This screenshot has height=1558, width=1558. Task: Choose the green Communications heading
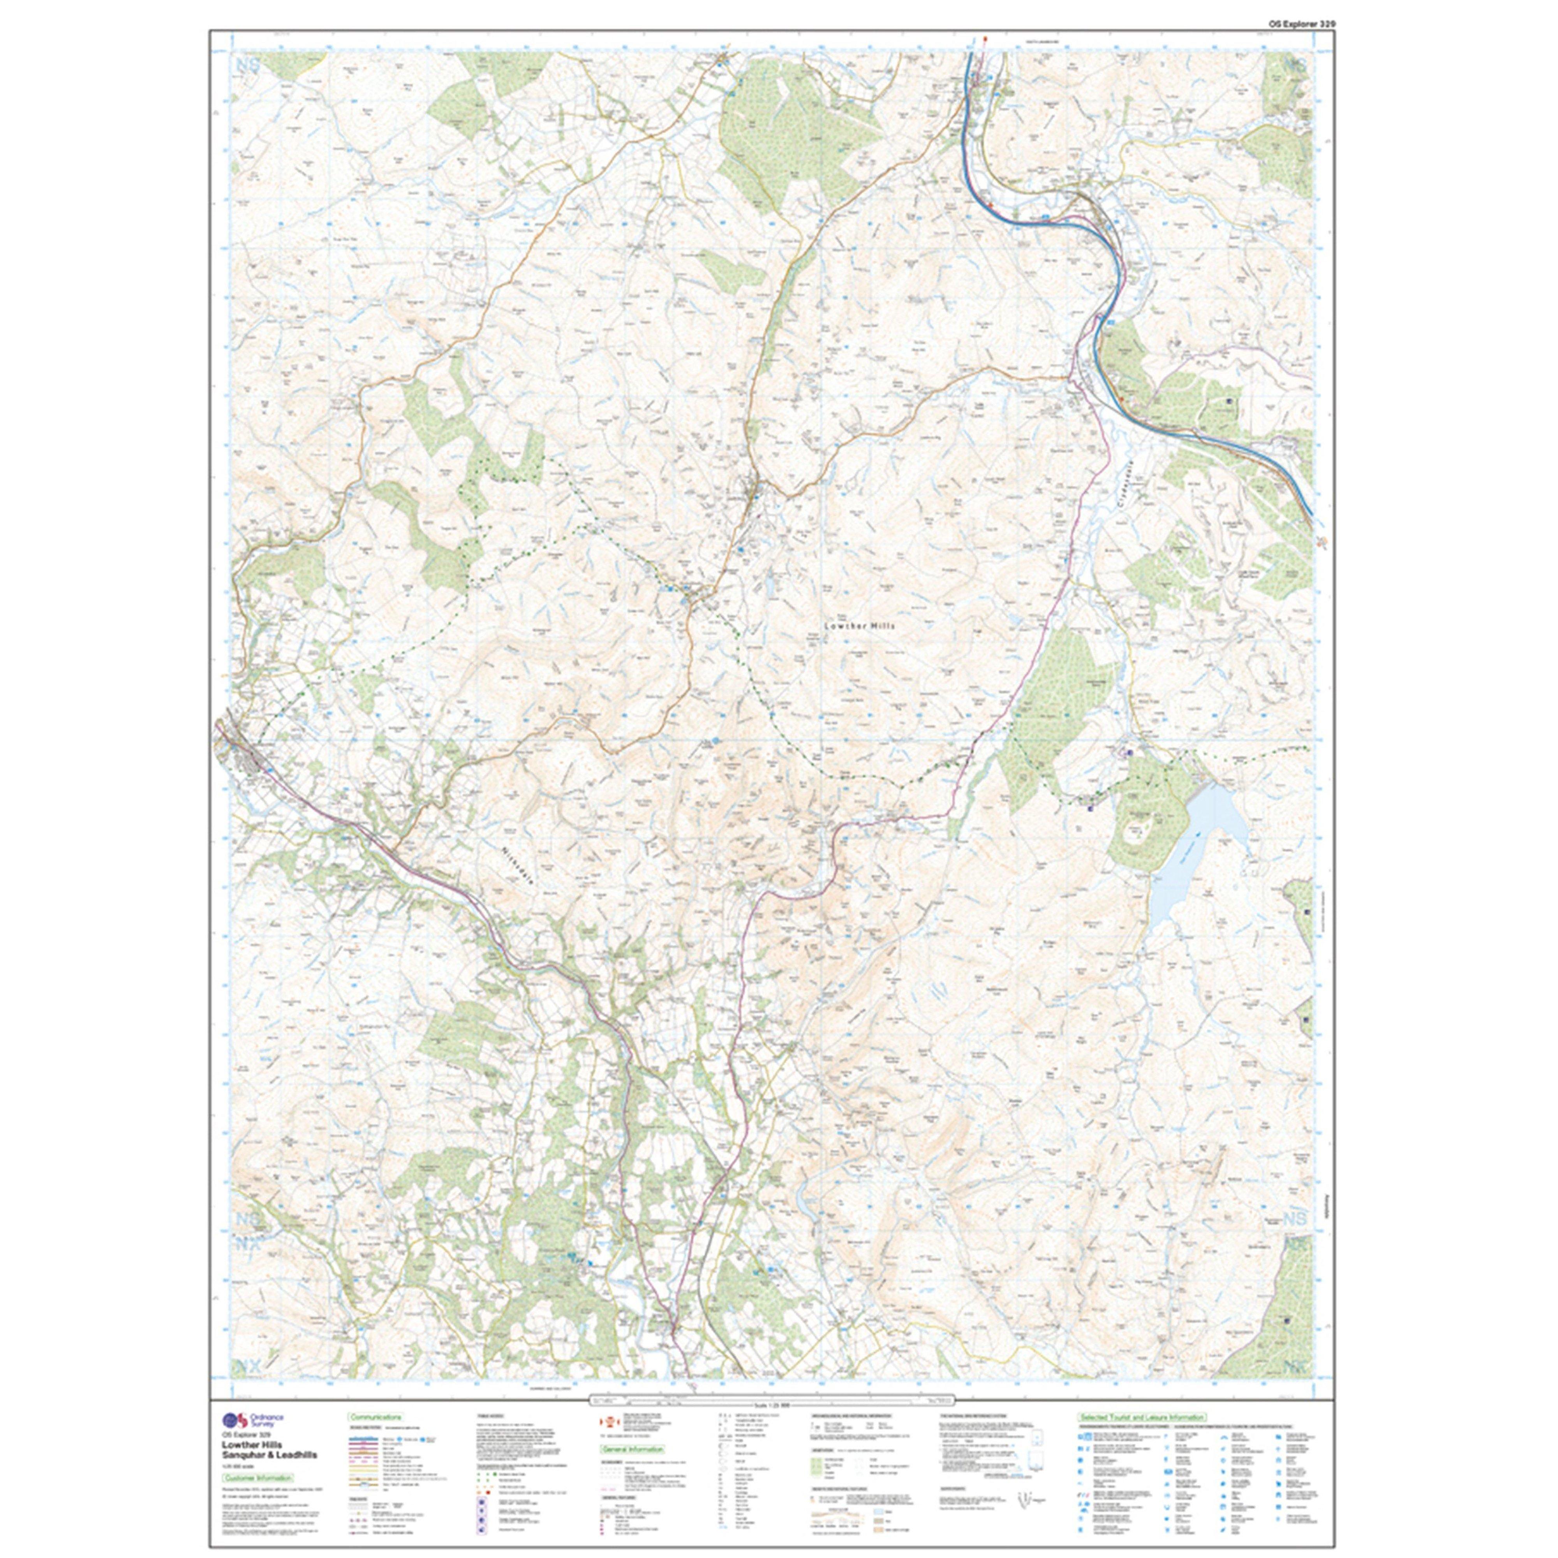(x=375, y=1417)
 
